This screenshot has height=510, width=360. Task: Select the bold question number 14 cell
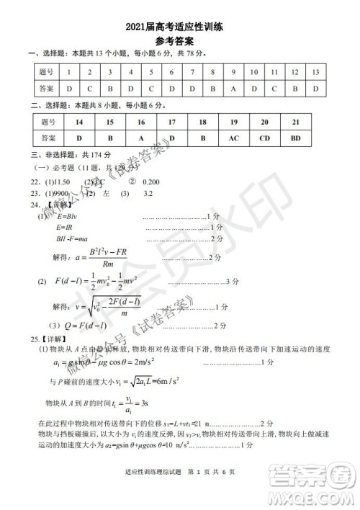79,122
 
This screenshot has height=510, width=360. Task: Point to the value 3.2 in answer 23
149,194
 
